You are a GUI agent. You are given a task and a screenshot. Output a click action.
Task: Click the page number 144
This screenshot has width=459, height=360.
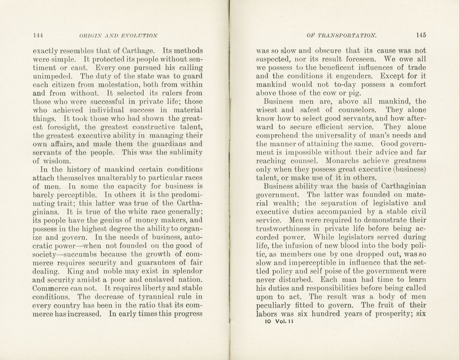38,36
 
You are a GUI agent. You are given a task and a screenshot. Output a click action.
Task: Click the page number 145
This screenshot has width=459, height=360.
421,35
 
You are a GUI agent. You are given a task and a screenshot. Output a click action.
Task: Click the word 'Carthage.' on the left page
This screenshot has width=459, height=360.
138,51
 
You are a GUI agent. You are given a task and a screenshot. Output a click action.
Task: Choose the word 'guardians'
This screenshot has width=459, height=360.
173,144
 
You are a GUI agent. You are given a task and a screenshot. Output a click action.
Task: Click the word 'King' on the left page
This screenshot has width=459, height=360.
76,271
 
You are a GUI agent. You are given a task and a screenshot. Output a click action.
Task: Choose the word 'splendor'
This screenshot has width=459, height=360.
187,271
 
